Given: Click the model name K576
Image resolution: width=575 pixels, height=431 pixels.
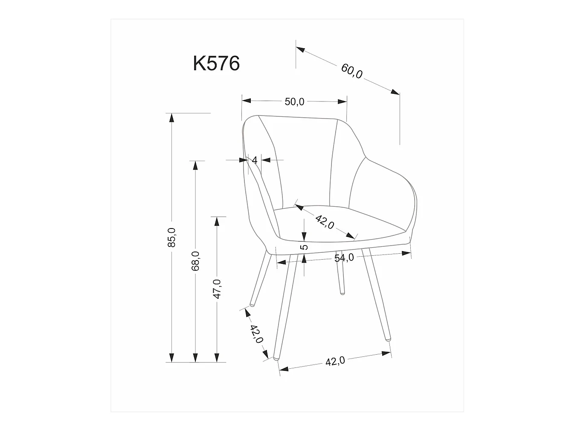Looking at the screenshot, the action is pyautogui.click(x=216, y=64).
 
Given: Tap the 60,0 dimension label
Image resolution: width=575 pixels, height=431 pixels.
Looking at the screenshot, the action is pyautogui.click(x=351, y=71).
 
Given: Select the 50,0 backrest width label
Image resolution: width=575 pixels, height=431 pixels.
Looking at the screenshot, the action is pyautogui.click(x=294, y=101).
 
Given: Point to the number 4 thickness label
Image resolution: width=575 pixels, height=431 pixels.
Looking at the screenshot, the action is pyautogui.click(x=255, y=160).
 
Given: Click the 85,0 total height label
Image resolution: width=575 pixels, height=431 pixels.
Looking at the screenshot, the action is pyautogui.click(x=171, y=237).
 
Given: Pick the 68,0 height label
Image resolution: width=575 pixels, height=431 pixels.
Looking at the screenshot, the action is pyautogui.click(x=195, y=261).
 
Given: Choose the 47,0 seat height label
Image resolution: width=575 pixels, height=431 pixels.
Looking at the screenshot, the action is pyautogui.click(x=217, y=289).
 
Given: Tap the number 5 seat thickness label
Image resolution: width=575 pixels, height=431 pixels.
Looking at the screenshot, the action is pyautogui.click(x=304, y=247).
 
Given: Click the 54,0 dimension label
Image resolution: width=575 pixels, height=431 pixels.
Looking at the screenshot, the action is pyautogui.click(x=344, y=258).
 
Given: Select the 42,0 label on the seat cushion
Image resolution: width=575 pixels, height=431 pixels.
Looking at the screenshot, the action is pyautogui.click(x=325, y=222).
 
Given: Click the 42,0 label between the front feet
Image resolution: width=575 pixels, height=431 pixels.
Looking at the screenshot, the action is pyautogui.click(x=335, y=362).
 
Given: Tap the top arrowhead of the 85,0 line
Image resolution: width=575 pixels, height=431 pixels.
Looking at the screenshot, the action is pyautogui.click(x=171, y=117).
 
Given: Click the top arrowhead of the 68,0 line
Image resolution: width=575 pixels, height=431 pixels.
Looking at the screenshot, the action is pyautogui.click(x=195, y=165).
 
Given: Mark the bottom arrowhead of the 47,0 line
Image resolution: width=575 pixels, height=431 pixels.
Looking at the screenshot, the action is pyautogui.click(x=217, y=358).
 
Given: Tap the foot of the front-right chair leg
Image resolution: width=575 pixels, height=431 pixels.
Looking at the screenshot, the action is pyautogui.click(x=388, y=339).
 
